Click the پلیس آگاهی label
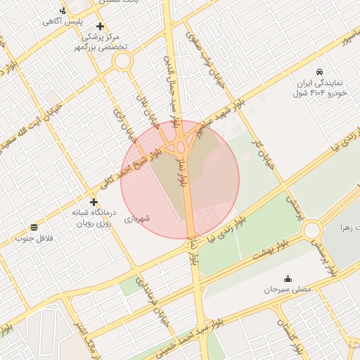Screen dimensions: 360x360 (63, 22)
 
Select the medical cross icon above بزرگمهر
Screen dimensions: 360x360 (101, 26)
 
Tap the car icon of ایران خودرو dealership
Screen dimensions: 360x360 (320, 72)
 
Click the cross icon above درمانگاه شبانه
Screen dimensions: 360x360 (94, 202)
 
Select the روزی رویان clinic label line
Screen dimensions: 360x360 (94, 222)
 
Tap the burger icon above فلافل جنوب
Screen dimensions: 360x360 (34, 226)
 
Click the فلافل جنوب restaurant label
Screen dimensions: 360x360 (35, 238)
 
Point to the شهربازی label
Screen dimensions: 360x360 (138, 219)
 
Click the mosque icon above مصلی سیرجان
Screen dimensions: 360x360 (286, 278)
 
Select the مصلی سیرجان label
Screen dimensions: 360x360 (286, 290)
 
